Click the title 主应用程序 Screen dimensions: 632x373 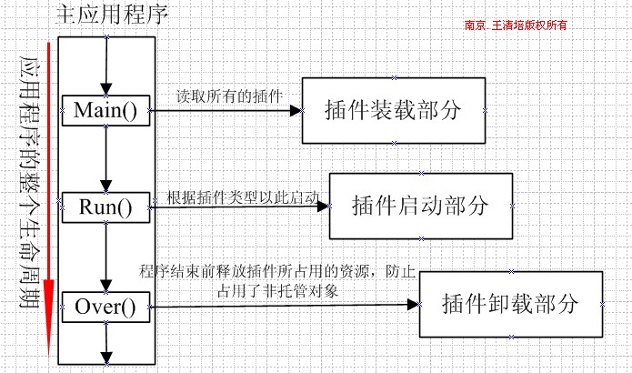point(112,15)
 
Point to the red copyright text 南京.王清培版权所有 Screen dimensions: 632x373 point(516,25)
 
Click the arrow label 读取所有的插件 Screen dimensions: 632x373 point(229,96)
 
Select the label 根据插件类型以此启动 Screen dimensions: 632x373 point(243,197)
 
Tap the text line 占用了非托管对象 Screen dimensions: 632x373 point(277,290)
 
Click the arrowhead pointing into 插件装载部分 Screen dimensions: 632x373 point(296,110)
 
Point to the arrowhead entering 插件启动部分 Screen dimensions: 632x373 point(323,207)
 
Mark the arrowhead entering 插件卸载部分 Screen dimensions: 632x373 point(414,305)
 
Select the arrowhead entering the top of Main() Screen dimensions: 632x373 point(106,89)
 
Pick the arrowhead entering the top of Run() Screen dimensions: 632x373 point(106,186)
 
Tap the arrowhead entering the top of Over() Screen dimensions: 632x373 point(106,286)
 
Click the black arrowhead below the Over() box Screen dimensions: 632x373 point(106,358)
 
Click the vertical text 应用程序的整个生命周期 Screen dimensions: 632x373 point(30,182)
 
